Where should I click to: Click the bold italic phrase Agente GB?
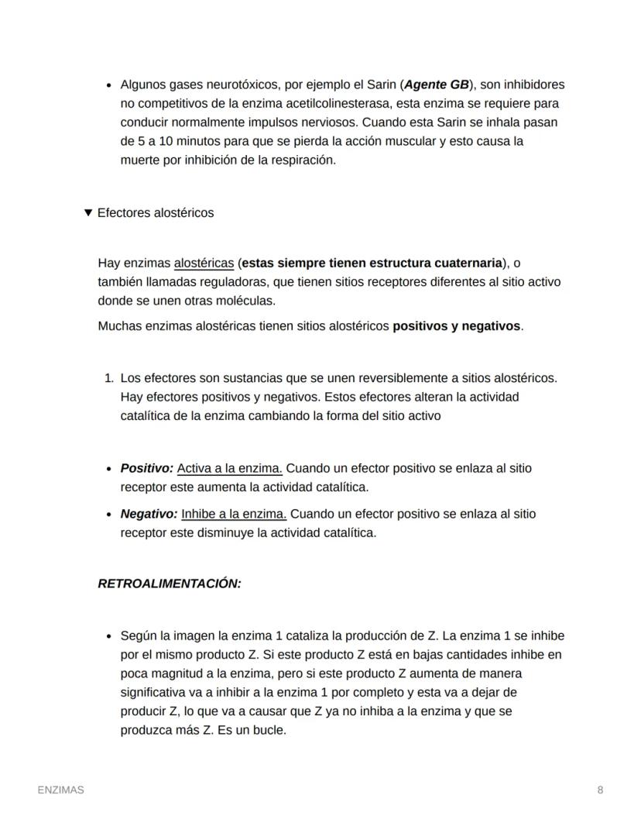point(437,84)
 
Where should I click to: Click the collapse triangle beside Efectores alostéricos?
point(87,212)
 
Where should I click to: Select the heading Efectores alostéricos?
point(156,212)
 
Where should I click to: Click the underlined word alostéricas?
point(204,263)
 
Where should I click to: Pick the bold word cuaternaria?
point(466,263)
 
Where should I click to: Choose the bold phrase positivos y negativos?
point(457,326)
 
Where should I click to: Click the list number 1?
point(108,378)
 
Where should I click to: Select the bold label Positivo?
point(146,468)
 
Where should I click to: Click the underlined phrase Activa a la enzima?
point(230,468)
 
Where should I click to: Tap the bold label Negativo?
point(149,514)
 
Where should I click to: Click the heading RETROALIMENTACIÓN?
point(170,584)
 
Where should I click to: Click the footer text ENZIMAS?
point(61,790)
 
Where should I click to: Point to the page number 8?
point(600,790)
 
